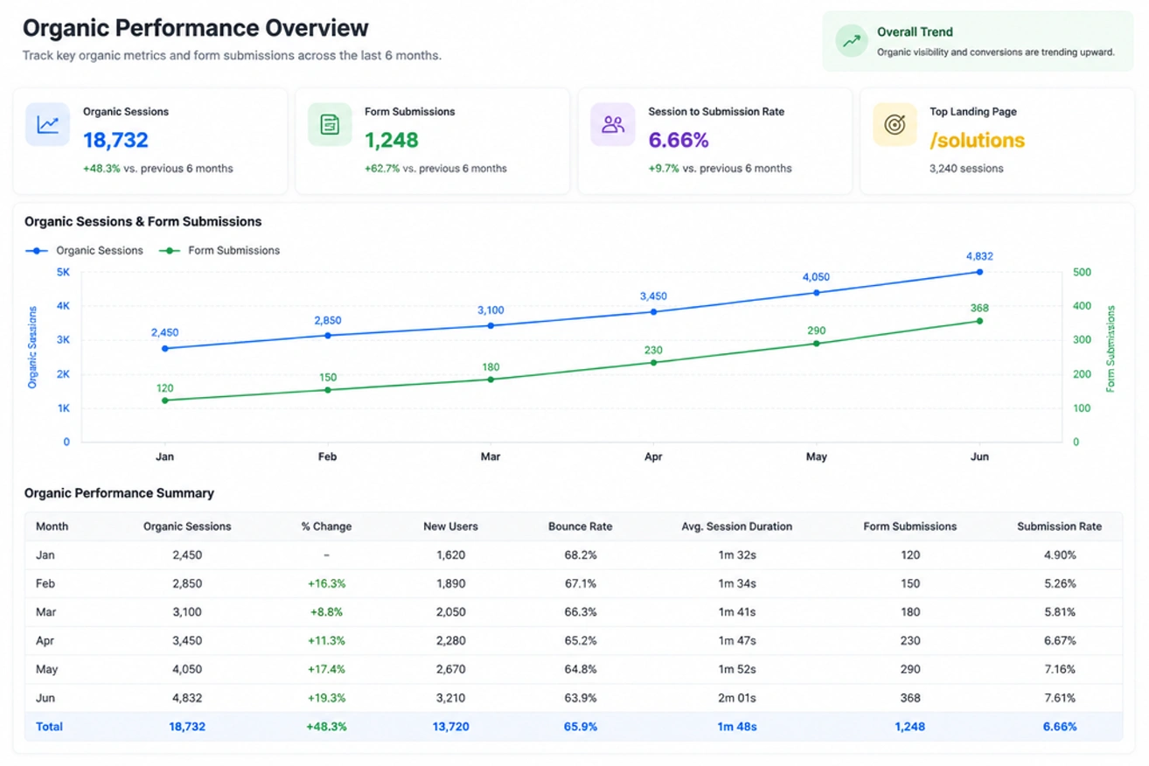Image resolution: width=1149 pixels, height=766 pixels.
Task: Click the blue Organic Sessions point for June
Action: point(979,272)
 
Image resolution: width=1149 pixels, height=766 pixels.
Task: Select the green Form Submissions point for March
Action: point(491,380)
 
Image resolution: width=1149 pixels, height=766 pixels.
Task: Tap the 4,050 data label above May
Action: point(816,277)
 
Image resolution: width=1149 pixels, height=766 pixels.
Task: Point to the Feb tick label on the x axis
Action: point(327,456)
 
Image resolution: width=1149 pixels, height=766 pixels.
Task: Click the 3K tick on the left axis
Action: point(63,339)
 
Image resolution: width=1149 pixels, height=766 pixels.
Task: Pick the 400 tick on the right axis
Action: point(1082,306)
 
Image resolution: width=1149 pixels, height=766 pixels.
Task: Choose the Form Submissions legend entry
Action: point(219,250)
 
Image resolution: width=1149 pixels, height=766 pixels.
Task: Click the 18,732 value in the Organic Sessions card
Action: point(116,140)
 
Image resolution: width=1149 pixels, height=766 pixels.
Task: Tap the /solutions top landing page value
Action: point(977,140)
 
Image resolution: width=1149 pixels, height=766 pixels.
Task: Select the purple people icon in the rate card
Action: point(612,125)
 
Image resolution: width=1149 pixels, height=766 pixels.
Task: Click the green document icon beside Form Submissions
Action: point(330,125)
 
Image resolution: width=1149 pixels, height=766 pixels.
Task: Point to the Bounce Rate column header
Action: point(580,526)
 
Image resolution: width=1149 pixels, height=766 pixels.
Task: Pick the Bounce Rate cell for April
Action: point(580,640)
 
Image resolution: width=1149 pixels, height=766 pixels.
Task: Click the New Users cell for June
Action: point(450,698)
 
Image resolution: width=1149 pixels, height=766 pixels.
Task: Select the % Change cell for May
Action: point(326,669)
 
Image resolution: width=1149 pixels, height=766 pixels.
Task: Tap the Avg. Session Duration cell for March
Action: point(736,611)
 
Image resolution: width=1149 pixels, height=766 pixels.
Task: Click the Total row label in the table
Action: point(49,727)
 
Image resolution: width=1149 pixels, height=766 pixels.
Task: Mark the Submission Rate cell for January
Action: point(1060,554)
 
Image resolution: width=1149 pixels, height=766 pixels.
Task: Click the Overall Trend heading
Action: point(915,31)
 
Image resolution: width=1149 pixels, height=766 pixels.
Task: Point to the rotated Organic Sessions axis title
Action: point(32,347)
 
